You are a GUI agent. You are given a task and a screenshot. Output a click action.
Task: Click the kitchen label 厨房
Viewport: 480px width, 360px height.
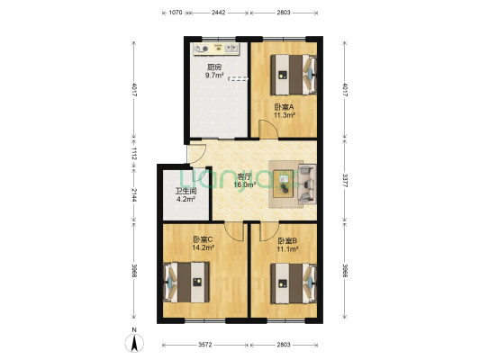click(x=214, y=67)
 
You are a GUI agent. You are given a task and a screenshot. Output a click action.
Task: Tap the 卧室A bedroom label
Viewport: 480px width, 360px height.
click(x=285, y=107)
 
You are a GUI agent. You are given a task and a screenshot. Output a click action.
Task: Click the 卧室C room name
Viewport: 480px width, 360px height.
click(x=203, y=239)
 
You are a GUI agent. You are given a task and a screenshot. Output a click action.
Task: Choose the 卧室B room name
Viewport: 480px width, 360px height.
click(x=287, y=240)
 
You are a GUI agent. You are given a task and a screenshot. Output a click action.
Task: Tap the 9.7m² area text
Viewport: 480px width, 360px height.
click(x=214, y=76)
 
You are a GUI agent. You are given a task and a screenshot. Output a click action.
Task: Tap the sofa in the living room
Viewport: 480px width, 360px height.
click(x=306, y=183)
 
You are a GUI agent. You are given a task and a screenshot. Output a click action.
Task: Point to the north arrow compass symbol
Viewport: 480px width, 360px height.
click(x=133, y=341)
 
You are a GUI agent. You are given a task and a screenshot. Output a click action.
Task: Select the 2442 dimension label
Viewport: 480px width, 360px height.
click(x=218, y=13)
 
